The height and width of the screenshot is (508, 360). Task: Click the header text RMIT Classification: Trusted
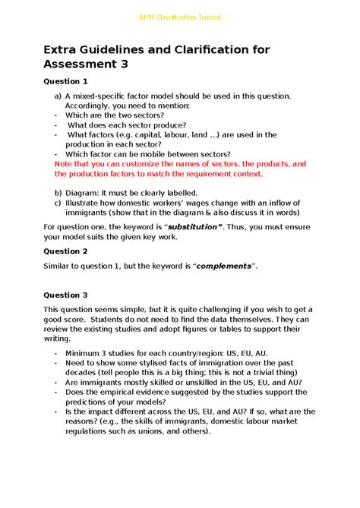point(179,17)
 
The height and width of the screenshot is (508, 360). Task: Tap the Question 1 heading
point(65,80)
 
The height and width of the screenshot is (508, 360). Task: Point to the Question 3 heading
point(65,295)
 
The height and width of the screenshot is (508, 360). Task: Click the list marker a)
point(57,96)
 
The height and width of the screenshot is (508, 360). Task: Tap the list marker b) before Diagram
point(57,193)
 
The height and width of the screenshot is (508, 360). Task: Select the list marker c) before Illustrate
point(57,203)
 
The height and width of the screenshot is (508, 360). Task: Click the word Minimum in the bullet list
point(84,353)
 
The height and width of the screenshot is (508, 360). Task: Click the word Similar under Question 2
point(59,266)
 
